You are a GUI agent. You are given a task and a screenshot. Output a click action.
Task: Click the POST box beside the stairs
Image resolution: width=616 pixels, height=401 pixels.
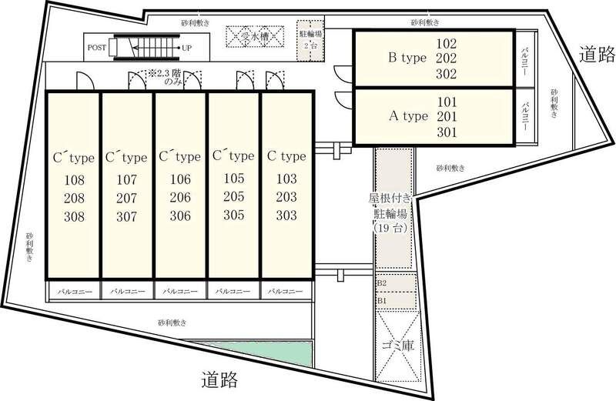point(97,48)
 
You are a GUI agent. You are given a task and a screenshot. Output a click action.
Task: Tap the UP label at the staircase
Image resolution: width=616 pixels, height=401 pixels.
point(186,48)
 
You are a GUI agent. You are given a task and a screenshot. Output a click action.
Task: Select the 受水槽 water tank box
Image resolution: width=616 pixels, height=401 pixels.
point(255,37)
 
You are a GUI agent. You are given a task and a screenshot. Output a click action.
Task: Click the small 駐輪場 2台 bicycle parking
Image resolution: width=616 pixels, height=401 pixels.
point(310,41)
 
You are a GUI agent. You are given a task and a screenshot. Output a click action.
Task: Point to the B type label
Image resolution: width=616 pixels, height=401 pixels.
point(407,58)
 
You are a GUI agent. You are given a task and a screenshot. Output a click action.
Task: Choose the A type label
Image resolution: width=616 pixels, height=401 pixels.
point(408,116)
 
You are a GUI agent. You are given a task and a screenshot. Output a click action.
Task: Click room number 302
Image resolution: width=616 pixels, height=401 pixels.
point(447,74)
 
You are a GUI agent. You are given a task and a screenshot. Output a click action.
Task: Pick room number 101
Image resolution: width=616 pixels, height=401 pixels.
point(447,102)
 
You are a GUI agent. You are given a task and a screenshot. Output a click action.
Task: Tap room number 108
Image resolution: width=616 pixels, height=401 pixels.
point(74,180)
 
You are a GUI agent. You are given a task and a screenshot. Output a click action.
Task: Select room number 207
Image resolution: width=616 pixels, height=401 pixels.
point(126,199)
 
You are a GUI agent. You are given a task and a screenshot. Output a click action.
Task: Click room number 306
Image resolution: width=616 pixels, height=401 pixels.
point(180,216)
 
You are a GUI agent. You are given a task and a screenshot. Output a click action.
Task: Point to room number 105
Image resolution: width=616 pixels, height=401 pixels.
point(234,179)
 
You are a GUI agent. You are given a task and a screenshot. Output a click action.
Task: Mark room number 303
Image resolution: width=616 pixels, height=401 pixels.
point(286,216)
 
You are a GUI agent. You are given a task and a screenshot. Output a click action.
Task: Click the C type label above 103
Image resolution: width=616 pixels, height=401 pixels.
point(286,156)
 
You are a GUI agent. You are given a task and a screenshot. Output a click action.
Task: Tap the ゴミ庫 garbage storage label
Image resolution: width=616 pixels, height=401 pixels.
point(398,346)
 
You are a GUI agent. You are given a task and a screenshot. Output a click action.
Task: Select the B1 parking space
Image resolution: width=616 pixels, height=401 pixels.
point(396,301)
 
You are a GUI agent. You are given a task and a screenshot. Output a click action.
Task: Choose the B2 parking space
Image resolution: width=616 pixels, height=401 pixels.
point(396,283)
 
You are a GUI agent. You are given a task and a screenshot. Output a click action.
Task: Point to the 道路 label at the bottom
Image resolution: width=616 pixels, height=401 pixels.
point(219,379)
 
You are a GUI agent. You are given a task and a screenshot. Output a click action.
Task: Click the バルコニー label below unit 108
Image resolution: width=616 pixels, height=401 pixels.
point(75,292)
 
